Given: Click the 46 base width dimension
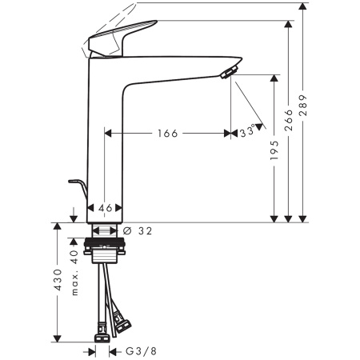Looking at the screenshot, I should coord(105,208).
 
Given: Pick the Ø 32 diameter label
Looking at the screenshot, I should coord(140,230).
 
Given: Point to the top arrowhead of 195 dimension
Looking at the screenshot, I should coord(274,78).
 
